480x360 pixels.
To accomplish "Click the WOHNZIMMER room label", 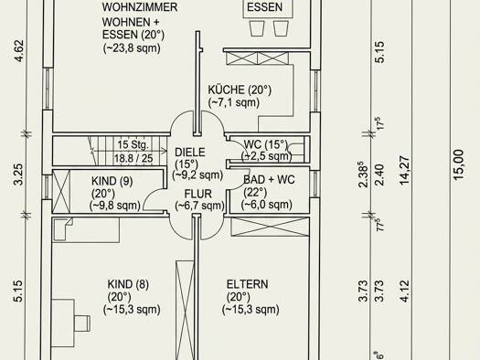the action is (140, 7).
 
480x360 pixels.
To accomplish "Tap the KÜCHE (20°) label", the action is (240, 90).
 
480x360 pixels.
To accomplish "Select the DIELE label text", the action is (190, 152).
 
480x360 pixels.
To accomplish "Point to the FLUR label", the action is (198, 194).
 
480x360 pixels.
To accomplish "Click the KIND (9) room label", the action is (112, 181).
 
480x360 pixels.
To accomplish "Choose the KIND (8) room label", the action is (128, 284).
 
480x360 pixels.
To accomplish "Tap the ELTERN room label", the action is (248, 284).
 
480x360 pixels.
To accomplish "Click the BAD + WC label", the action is (269, 179).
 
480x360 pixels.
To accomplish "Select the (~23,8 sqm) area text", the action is (132, 48).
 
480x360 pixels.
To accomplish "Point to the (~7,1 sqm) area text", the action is (234, 102).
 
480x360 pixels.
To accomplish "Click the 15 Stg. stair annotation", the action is (133, 144).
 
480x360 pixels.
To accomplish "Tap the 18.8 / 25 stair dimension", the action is (133, 158).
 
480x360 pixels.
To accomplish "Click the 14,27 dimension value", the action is (405, 170).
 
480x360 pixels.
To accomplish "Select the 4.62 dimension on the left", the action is (19, 51).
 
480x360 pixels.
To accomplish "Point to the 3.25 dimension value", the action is (18, 175).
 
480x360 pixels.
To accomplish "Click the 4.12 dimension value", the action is (405, 291).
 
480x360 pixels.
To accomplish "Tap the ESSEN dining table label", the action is (264, 7).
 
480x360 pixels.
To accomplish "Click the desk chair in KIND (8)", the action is (82, 323).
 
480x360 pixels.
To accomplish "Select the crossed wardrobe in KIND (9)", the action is (61, 191).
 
